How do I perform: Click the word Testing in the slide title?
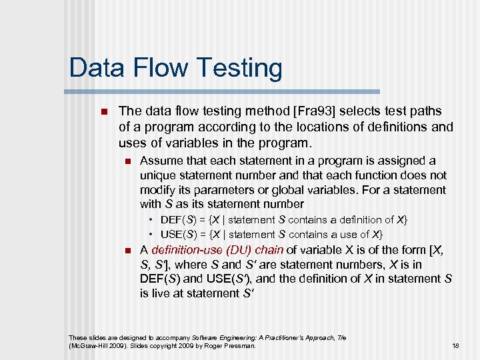(x=230, y=69)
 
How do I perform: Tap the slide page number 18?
(x=455, y=345)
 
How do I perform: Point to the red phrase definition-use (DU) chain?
(x=217, y=250)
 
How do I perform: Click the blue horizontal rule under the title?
(x=224, y=91)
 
